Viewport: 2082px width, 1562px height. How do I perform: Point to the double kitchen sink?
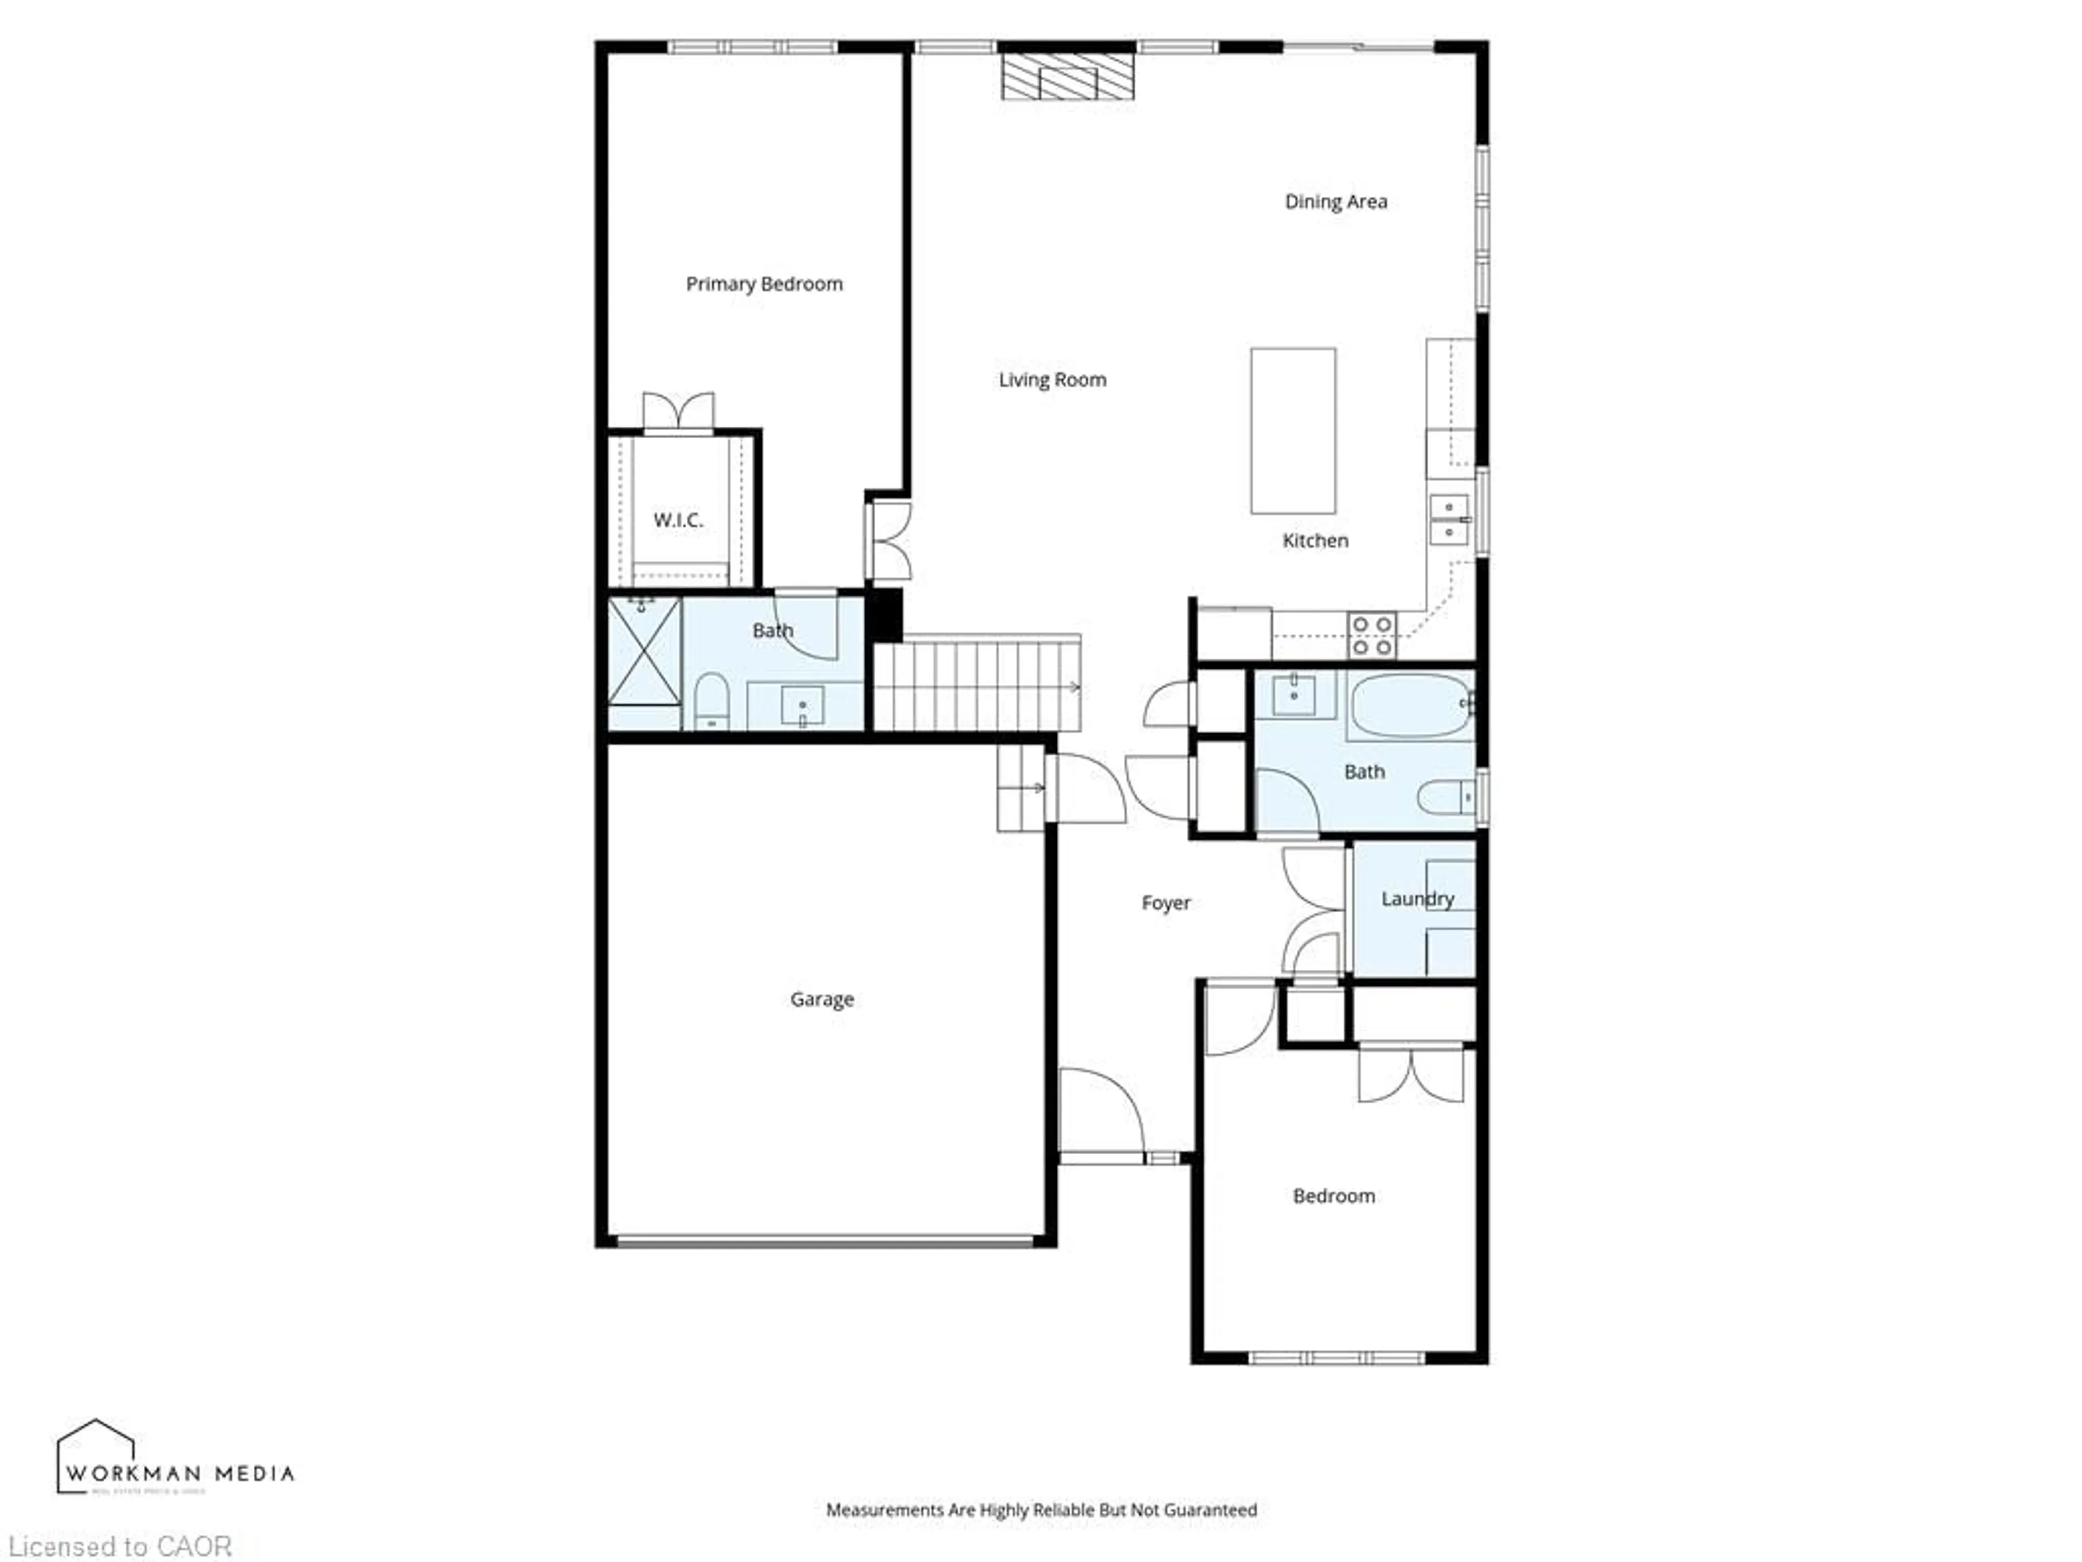(1449, 520)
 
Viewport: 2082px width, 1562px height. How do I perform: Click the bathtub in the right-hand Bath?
(1409, 705)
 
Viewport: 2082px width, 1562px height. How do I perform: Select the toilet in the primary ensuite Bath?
(711, 701)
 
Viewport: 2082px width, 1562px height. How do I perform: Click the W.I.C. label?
(678, 520)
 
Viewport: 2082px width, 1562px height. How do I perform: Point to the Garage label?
(822, 999)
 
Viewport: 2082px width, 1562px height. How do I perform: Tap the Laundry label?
(1417, 898)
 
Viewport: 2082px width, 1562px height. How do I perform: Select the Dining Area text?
(1335, 202)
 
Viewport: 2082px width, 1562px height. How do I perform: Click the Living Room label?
(1052, 380)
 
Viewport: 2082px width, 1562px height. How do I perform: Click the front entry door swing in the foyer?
(1100, 1110)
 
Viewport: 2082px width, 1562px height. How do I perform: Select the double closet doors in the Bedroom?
(1411, 1074)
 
